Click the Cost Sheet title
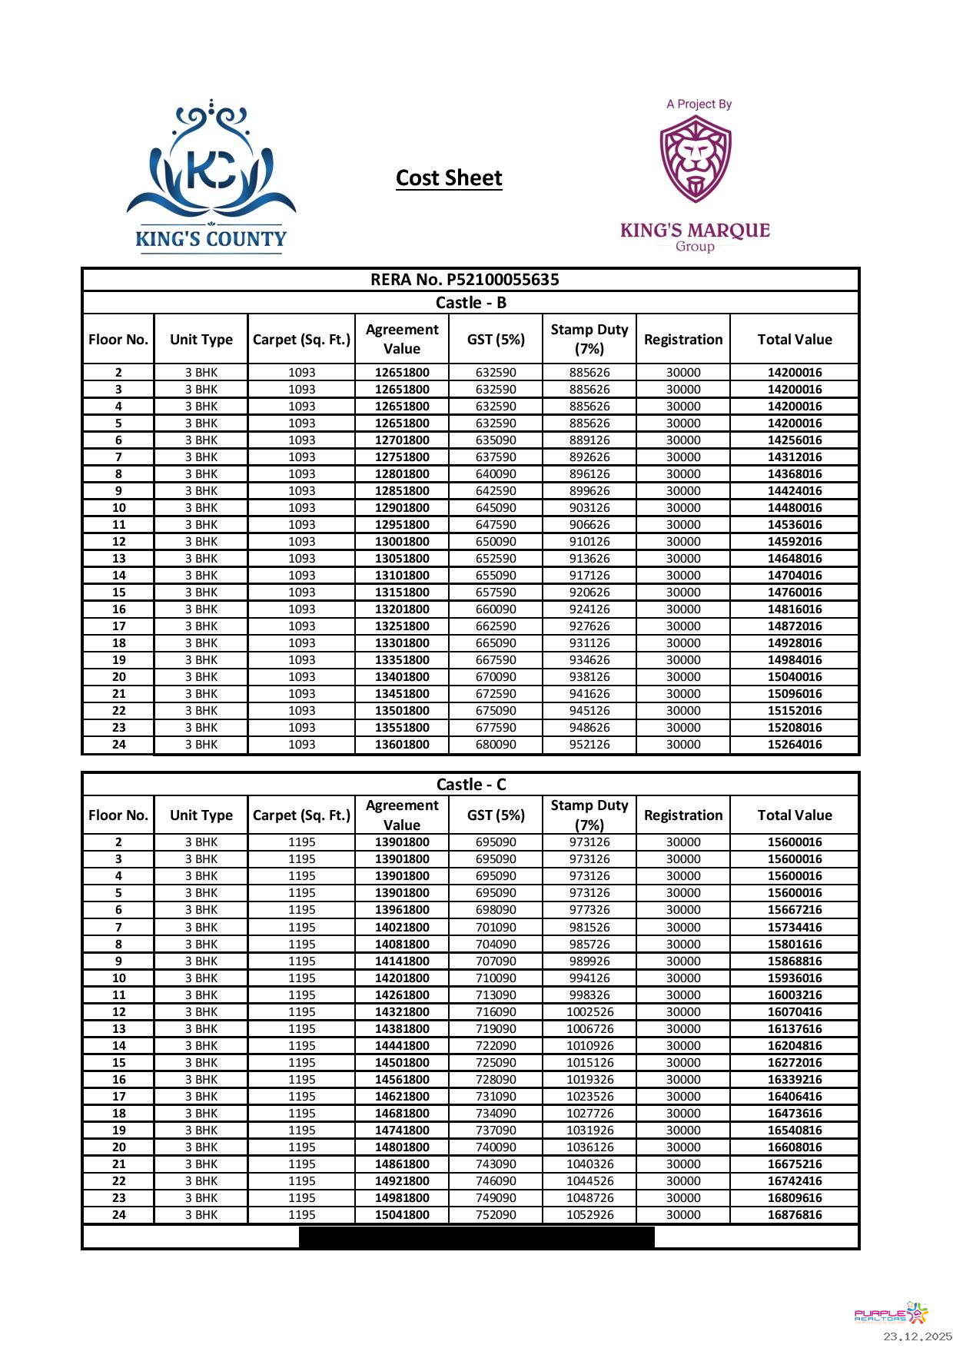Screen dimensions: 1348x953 click(x=449, y=178)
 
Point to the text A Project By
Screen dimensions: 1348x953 click(x=699, y=105)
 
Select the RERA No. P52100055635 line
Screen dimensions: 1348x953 click(x=464, y=280)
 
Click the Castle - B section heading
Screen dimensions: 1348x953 click(x=470, y=303)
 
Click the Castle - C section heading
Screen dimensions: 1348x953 click(x=470, y=785)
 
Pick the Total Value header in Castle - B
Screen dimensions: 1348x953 click(x=794, y=340)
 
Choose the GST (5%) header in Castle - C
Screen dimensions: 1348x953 click(x=496, y=815)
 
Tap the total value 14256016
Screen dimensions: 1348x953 click(x=794, y=440)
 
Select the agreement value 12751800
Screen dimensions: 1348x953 click(x=402, y=457)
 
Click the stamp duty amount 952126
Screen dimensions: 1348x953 click(x=589, y=745)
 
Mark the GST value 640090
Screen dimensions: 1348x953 click(x=496, y=474)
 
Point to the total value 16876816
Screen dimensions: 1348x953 click(x=794, y=1215)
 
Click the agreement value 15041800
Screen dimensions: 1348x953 click(x=402, y=1215)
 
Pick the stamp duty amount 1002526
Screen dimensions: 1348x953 click(x=589, y=1012)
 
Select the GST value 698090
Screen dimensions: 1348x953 click(x=496, y=910)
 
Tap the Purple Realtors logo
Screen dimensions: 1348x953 click(x=891, y=1313)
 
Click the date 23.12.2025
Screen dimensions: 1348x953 click(x=917, y=1336)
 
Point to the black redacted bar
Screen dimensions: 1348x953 click(x=476, y=1237)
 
